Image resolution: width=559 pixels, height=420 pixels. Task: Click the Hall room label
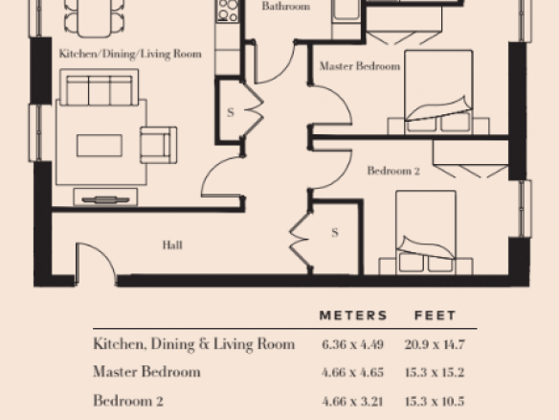click(172, 245)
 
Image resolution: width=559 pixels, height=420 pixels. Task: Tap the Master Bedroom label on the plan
click(360, 66)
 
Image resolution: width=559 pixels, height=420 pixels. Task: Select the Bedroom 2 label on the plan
click(393, 171)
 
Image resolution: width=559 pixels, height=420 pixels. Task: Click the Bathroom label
click(286, 6)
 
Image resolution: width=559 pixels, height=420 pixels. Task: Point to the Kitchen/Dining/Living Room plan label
click(130, 54)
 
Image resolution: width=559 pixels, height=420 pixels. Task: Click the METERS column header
click(353, 315)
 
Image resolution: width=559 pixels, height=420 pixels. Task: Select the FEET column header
click(436, 315)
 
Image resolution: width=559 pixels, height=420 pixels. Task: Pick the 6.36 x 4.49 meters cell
click(352, 344)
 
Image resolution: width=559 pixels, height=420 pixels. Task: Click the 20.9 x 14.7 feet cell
click(435, 344)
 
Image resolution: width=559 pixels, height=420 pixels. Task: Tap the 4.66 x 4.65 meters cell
click(352, 372)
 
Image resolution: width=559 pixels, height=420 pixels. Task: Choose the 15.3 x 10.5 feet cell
click(435, 402)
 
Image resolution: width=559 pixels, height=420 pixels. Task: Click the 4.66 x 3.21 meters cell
click(352, 402)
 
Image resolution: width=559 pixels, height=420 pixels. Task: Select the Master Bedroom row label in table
click(146, 372)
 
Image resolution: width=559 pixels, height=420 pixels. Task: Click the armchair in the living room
click(159, 145)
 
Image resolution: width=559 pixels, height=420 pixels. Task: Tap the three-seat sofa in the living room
click(100, 87)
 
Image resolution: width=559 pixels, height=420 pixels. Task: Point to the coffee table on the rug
click(100, 146)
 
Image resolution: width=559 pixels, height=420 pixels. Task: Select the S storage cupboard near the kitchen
click(231, 111)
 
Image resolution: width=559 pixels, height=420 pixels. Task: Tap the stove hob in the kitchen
click(228, 11)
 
